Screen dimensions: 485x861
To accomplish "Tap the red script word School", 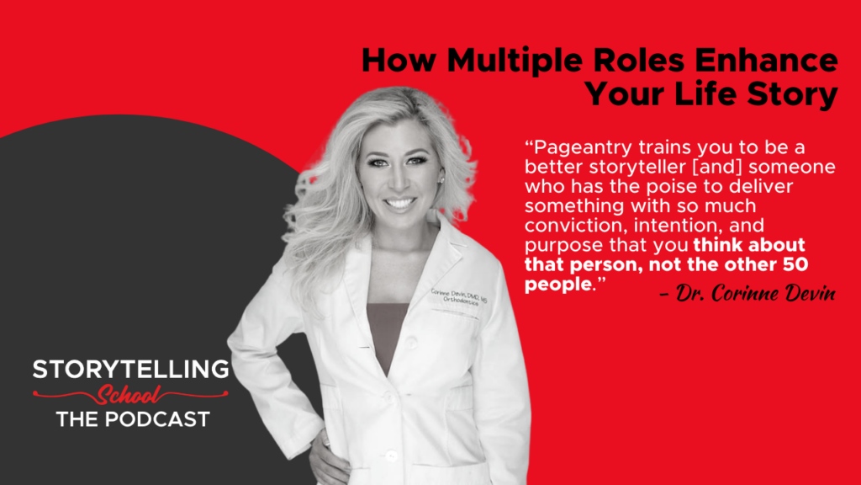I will click(x=130, y=394).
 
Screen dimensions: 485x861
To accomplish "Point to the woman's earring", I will click(x=440, y=179).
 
